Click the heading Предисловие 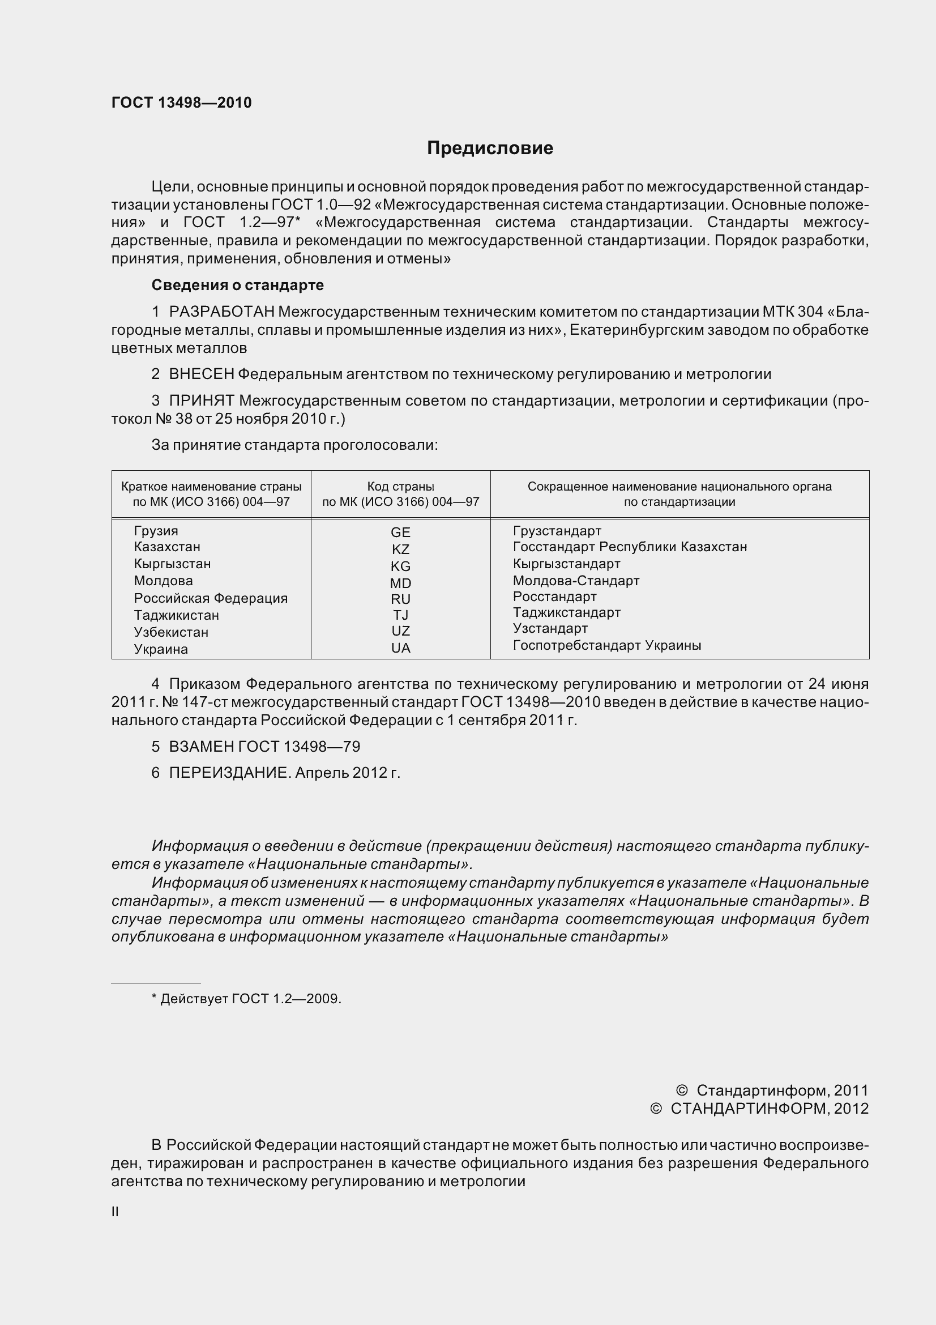point(490,148)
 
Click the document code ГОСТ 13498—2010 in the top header point(181,103)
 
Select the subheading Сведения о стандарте point(237,285)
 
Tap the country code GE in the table point(400,532)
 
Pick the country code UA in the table point(400,648)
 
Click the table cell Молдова point(163,581)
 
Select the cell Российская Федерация point(211,598)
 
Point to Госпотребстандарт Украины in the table point(606,645)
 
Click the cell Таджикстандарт point(566,612)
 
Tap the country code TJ point(400,615)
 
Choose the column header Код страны point(400,487)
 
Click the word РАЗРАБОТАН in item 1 point(221,312)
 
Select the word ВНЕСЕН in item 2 point(201,374)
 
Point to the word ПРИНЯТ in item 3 point(201,401)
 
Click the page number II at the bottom point(116,1212)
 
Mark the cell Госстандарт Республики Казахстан point(630,547)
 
